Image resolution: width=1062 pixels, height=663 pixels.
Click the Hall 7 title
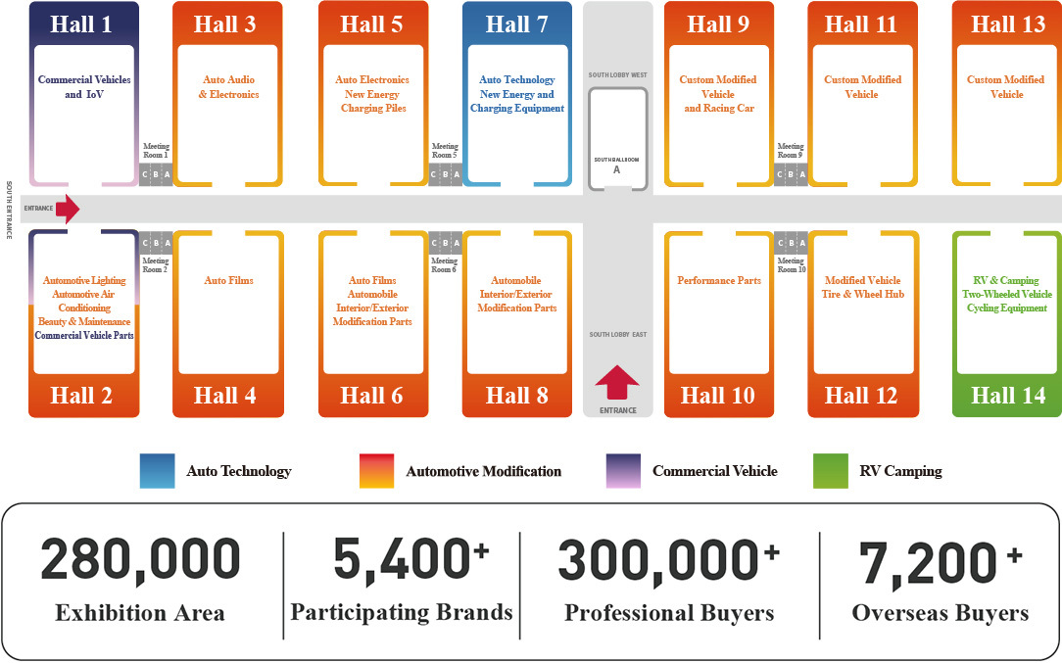click(516, 24)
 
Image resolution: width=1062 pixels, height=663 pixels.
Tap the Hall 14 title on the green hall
click(1008, 396)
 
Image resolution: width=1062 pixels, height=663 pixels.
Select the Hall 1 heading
click(80, 24)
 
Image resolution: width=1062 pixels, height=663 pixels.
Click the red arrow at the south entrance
click(68, 209)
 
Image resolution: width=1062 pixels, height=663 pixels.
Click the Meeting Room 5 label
click(445, 151)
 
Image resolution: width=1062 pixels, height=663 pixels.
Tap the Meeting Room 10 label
click(791, 264)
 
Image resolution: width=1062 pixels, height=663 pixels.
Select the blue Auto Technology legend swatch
click(157, 471)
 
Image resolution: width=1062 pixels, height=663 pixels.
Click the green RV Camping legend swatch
click(831, 471)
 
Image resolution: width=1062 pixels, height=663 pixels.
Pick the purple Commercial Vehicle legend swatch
click(623, 471)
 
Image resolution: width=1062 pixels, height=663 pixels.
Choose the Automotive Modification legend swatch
click(376, 471)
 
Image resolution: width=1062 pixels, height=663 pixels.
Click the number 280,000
click(140, 561)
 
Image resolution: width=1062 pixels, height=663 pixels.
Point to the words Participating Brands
click(402, 612)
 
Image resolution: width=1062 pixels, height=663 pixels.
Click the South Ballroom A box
click(617, 139)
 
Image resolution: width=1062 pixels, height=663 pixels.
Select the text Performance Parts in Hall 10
click(719, 280)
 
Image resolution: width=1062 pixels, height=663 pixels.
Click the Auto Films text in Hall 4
click(229, 280)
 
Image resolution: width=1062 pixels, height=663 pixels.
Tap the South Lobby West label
click(617, 75)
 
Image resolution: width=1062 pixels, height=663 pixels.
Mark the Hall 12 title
click(861, 396)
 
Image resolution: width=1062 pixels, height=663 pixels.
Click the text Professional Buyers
click(669, 614)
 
